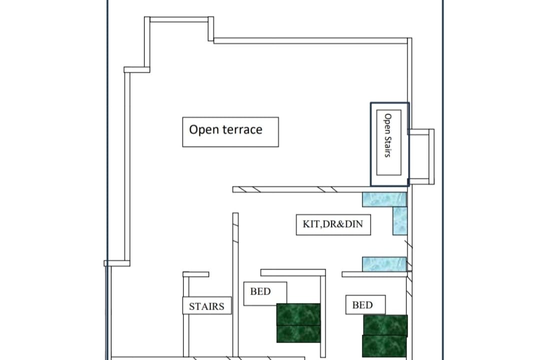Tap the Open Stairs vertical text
coord(388,135)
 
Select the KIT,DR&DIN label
coord(333,224)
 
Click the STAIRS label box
coord(207,305)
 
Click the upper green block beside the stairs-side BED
coord(298,314)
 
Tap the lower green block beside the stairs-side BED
coord(298,333)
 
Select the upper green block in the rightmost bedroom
coord(385,325)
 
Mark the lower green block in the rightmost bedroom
coord(384,346)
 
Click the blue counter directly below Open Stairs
coord(384,199)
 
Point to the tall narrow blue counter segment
coord(400,221)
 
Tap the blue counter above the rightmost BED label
coord(384,264)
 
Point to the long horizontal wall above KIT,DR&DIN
coord(301,189)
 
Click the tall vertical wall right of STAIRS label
coord(235,285)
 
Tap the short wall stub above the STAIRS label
coord(196,274)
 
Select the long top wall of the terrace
coord(310,41)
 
